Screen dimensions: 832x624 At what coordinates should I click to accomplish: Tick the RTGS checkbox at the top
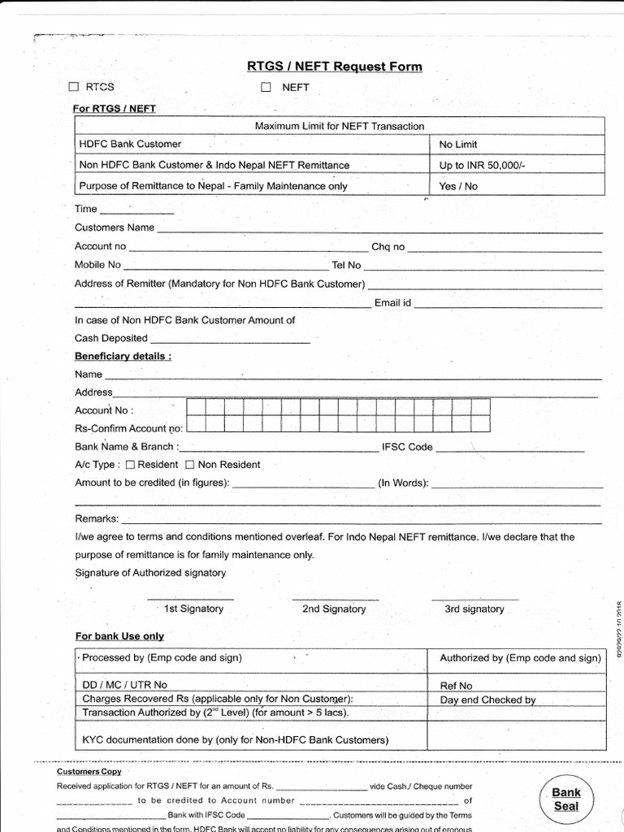74,87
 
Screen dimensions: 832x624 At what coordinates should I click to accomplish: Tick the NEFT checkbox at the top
265,87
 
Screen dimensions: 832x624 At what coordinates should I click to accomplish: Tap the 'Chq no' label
388,246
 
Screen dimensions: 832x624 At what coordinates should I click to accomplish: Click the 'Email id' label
392,303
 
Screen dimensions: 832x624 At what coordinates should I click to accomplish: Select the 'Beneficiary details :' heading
123,356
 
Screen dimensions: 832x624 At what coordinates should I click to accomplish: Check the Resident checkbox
130,465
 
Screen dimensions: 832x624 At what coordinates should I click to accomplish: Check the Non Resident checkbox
190,465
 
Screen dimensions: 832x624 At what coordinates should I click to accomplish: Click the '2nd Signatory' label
333,609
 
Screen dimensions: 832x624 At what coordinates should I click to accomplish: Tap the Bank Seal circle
566,799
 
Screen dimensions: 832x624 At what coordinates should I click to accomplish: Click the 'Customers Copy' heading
89,771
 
